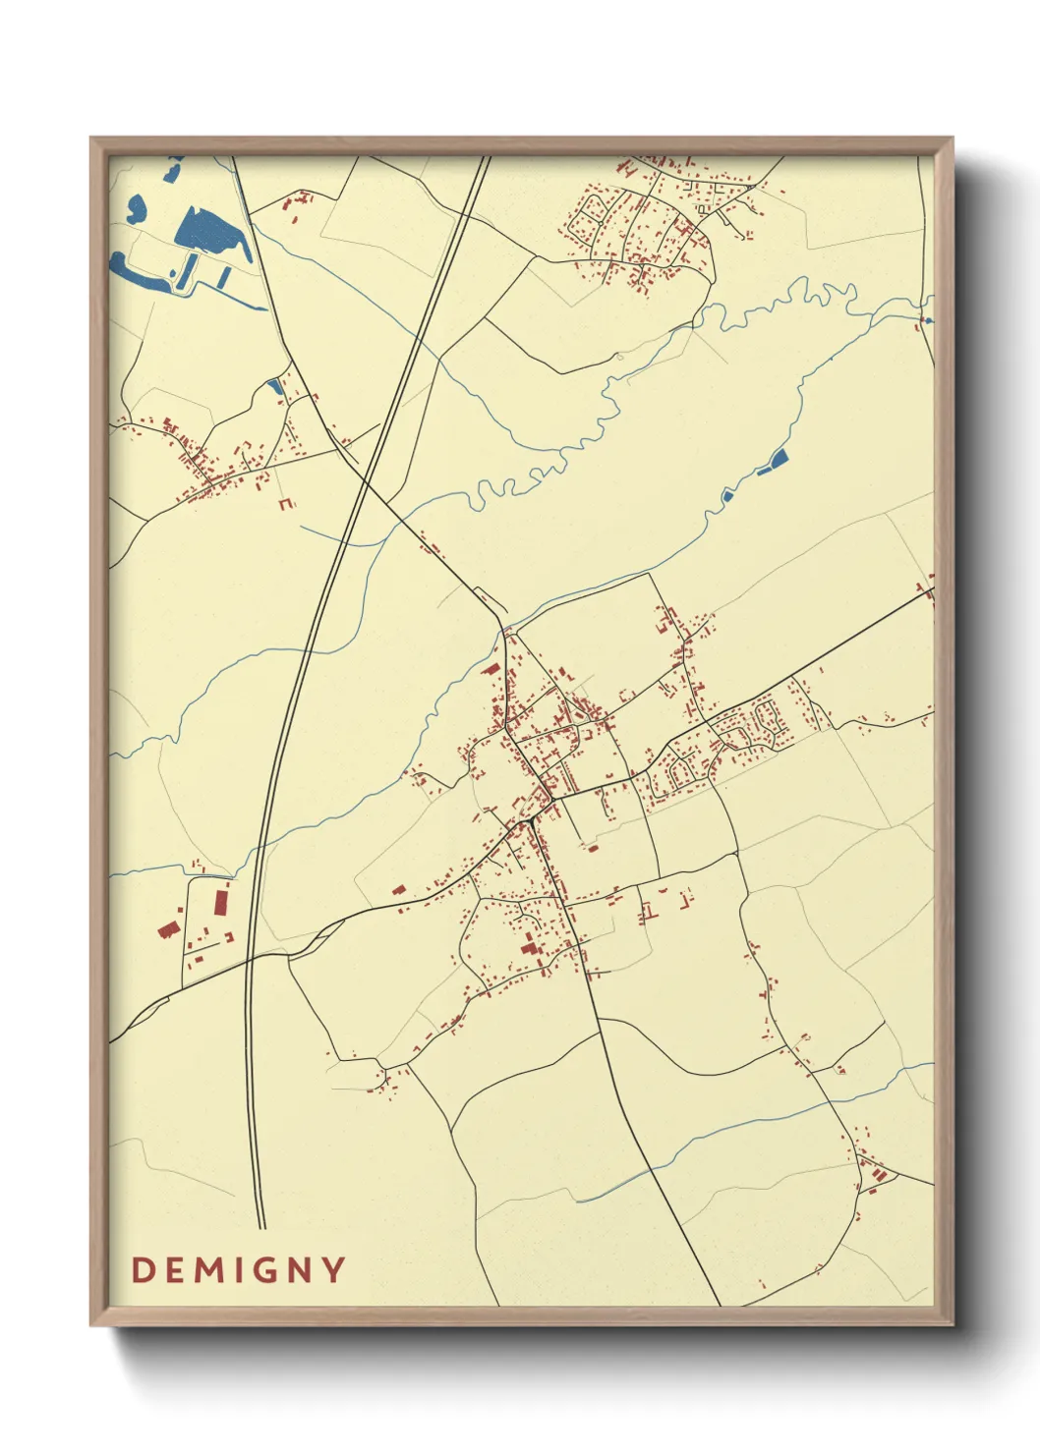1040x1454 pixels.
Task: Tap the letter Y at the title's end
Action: click(333, 1270)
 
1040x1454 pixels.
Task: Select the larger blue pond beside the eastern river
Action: click(779, 458)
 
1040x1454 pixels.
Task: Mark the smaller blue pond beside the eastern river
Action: click(727, 495)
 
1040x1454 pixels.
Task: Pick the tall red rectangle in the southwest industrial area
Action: click(222, 900)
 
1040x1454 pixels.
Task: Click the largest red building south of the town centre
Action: click(532, 949)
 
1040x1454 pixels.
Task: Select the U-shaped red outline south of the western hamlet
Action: click(286, 504)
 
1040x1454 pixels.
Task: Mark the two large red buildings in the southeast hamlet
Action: click(876, 1173)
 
